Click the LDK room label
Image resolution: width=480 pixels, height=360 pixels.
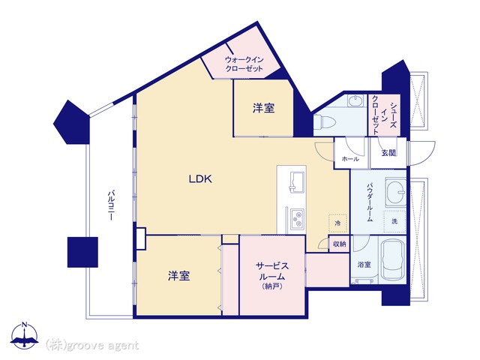point(200,178)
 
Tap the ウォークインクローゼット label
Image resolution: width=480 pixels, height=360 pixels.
point(244,64)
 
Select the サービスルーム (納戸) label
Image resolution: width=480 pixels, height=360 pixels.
point(271,275)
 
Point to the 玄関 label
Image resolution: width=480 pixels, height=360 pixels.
point(388,152)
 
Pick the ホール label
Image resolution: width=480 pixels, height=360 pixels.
point(350,159)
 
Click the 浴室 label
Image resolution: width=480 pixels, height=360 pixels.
point(364,265)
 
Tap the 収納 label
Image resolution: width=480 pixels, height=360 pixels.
point(339,244)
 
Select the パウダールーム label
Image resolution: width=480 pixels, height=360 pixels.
point(370,202)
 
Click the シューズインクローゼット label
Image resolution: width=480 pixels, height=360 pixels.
point(383,115)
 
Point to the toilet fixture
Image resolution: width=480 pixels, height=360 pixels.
point(324,122)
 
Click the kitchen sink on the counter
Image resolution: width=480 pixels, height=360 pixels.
point(297,182)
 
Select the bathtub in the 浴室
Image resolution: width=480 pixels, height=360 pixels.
point(392,259)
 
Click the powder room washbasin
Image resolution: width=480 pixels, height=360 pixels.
point(395,192)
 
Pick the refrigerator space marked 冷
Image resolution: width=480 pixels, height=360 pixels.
point(338,223)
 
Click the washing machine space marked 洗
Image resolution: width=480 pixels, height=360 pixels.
point(395,221)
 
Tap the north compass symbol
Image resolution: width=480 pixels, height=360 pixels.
point(25,335)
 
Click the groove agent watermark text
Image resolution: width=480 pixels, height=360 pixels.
point(92,345)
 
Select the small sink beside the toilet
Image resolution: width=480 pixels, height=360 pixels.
point(355,100)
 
